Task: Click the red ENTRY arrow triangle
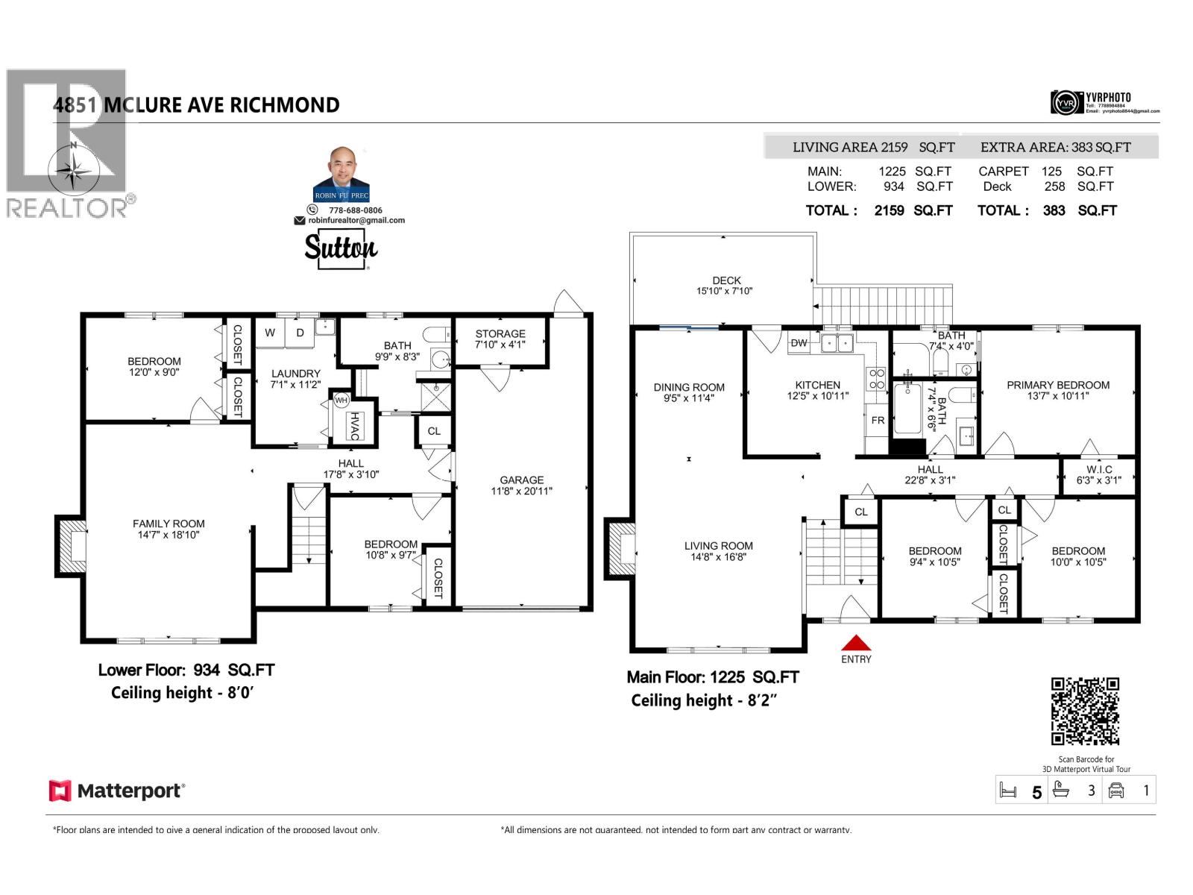pyautogui.click(x=856, y=644)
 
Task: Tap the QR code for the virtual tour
pyautogui.click(x=1085, y=711)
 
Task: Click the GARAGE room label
pyautogui.click(x=522, y=480)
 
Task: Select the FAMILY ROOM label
pyautogui.click(x=169, y=524)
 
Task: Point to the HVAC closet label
pyautogui.click(x=356, y=426)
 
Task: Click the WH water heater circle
pyautogui.click(x=341, y=401)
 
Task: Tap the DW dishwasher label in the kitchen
pyautogui.click(x=799, y=343)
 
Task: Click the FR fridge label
pyautogui.click(x=878, y=421)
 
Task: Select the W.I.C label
pyautogui.click(x=1099, y=470)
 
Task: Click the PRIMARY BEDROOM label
pyautogui.click(x=1058, y=385)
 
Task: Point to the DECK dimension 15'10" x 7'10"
pyautogui.click(x=725, y=291)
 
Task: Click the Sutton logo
pyautogui.click(x=341, y=248)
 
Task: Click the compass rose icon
pyautogui.click(x=74, y=169)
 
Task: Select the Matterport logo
pyautogui.click(x=117, y=791)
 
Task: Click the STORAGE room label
pyautogui.click(x=500, y=334)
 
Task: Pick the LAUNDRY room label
pyautogui.click(x=296, y=374)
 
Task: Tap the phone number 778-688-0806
pyautogui.click(x=356, y=210)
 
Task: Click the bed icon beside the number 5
pyautogui.click(x=1008, y=791)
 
